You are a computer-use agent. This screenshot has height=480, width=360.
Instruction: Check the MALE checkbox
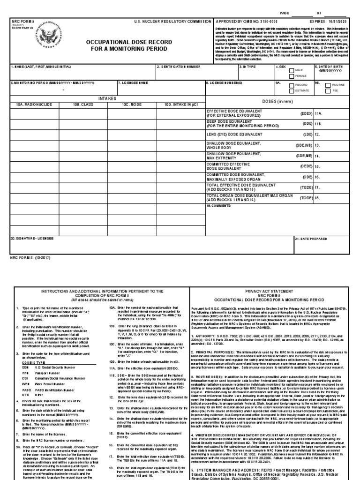(x=292, y=71)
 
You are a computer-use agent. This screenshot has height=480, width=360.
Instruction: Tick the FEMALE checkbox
(x=292, y=75)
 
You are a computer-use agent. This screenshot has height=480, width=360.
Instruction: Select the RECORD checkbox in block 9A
(x=291, y=85)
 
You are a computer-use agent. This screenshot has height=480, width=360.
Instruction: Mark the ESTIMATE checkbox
(x=291, y=90)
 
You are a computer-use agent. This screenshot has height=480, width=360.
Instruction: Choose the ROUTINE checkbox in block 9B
(x=327, y=85)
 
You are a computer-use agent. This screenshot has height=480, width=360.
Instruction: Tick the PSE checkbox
(x=327, y=90)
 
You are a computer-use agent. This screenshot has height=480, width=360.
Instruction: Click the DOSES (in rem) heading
(x=280, y=102)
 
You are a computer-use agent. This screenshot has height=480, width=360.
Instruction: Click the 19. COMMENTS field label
(x=219, y=206)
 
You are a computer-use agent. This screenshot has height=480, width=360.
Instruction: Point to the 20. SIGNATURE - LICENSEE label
(x=32, y=238)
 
